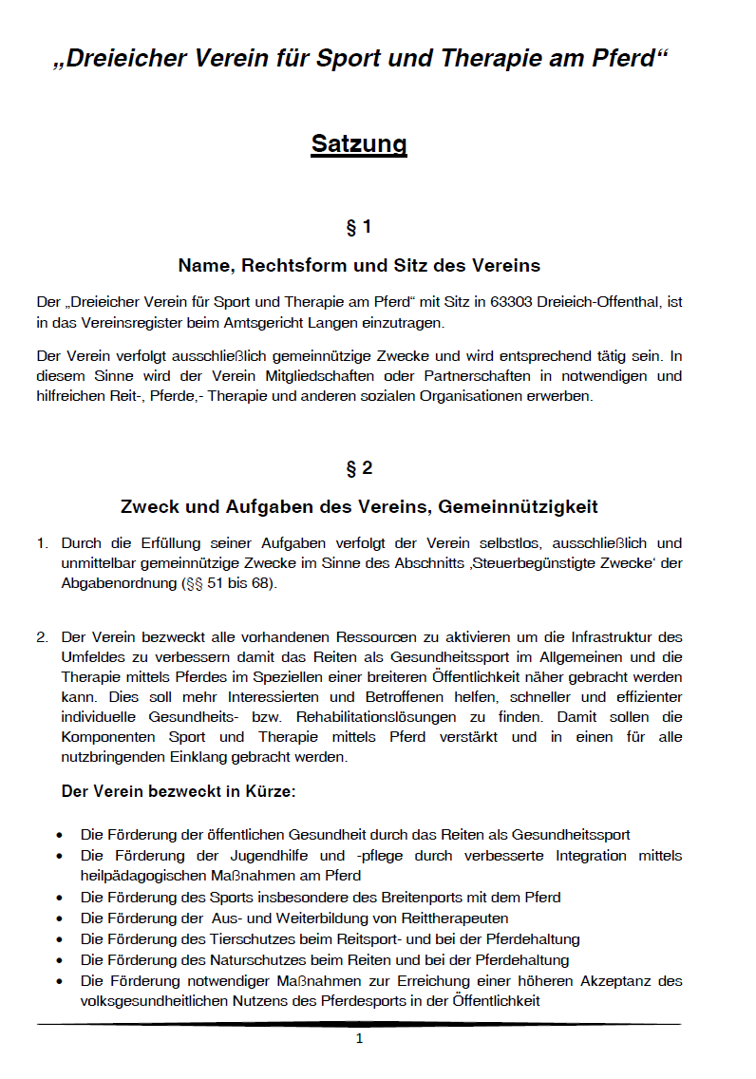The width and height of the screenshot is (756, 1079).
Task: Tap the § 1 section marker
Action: coord(359,228)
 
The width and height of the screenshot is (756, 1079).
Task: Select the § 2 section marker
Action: coord(359,469)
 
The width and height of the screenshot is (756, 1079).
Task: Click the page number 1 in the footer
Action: coord(359,1039)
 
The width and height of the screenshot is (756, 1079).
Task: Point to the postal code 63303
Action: coord(511,303)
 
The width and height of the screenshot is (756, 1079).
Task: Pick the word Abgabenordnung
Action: coord(118,584)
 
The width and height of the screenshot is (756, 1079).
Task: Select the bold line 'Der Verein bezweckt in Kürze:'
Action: coord(179,790)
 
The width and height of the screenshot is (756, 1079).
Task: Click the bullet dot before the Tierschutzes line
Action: coord(61,939)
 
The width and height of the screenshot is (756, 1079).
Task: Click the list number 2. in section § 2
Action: coord(43,637)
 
